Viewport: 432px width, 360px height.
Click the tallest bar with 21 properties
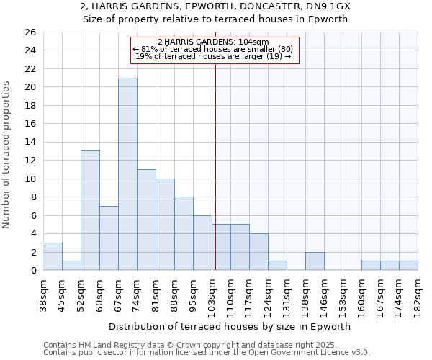pyautogui.click(x=127, y=174)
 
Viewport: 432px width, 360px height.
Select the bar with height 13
pyautogui.click(x=90, y=210)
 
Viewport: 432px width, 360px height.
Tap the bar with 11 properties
pyautogui.click(x=146, y=220)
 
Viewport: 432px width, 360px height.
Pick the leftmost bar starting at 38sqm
pyautogui.click(x=53, y=256)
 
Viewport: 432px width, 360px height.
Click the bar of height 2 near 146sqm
pyautogui.click(x=315, y=261)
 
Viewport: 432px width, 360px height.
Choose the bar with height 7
pyautogui.click(x=109, y=238)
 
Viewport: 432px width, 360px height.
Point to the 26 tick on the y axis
pyautogui.click(x=30, y=32)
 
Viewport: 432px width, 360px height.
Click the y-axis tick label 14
pyautogui.click(x=30, y=143)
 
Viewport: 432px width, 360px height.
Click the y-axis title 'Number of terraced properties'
pyautogui.click(x=7, y=154)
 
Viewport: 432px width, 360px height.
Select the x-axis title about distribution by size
pyautogui.click(x=230, y=326)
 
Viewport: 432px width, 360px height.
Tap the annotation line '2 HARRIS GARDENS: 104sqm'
pyautogui.click(x=213, y=42)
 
